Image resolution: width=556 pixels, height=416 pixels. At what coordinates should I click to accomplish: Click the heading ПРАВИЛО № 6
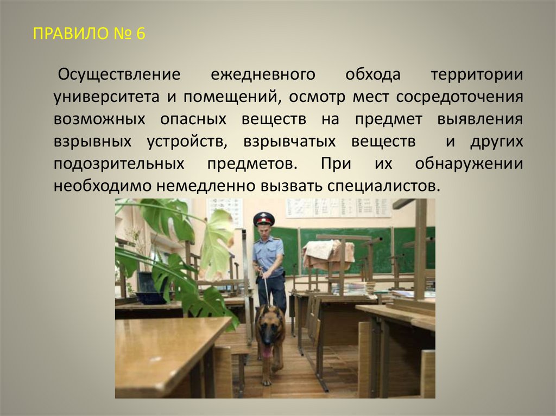click(89, 34)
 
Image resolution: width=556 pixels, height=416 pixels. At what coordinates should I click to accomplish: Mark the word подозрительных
click(118, 163)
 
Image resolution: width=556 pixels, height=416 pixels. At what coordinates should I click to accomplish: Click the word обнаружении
click(469, 163)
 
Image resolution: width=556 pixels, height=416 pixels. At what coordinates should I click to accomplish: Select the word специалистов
click(382, 185)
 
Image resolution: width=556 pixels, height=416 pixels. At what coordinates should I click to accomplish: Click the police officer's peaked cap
click(264, 218)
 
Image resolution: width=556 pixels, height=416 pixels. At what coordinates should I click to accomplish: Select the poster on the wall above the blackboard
click(338, 208)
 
